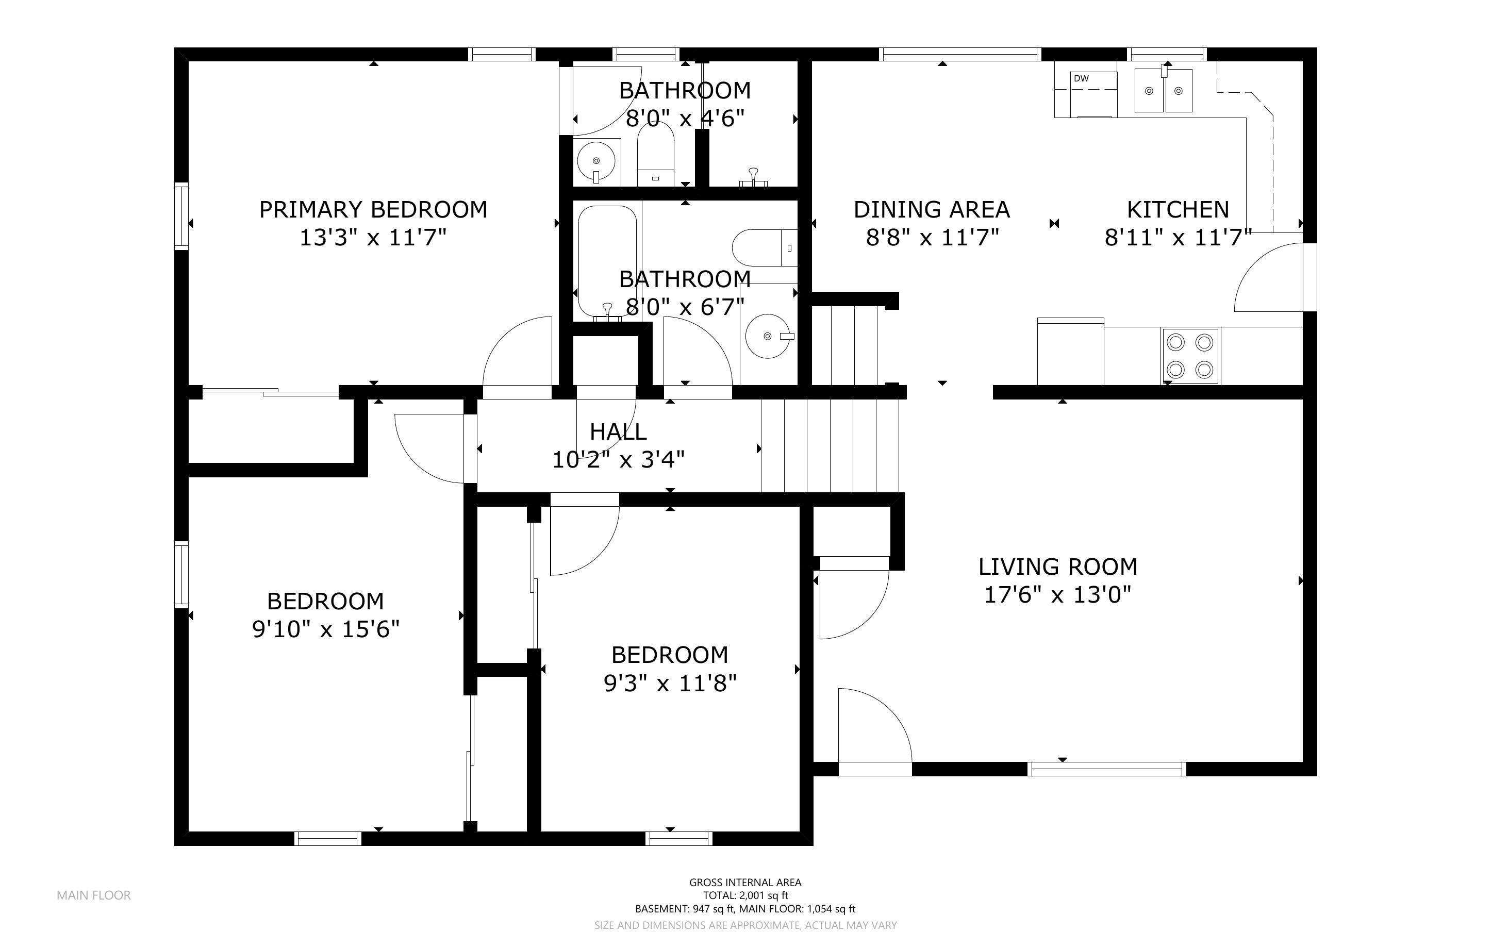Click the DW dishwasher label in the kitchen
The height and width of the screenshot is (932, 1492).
[x=1081, y=78]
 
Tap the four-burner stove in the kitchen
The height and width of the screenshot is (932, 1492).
[x=1190, y=356]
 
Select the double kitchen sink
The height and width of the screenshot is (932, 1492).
[x=1164, y=91]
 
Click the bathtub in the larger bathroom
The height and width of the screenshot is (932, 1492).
[x=607, y=261]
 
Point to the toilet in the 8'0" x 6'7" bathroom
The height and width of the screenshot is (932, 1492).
[x=765, y=248]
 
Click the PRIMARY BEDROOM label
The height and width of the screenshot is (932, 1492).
[x=373, y=210]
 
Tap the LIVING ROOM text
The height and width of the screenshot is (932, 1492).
[x=1057, y=567]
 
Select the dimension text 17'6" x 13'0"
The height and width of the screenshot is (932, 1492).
[x=1057, y=595]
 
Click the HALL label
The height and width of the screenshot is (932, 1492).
[x=618, y=431]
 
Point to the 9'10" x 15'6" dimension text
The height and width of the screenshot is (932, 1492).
[x=326, y=629]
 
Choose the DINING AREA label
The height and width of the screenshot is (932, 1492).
[x=932, y=210]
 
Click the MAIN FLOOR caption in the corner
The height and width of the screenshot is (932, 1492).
[x=94, y=895]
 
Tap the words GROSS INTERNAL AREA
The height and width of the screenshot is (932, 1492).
[x=745, y=882]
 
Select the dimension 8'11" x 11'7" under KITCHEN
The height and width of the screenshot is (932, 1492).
[x=1178, y=237]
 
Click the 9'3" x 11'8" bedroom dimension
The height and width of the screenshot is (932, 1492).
[x=670, y=683]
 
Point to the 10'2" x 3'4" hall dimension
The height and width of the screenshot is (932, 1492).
[x=618, y=459]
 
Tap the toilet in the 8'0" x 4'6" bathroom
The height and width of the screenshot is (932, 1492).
[x=656, y=154]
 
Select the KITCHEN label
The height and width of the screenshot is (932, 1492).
[x=1178, y=210]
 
